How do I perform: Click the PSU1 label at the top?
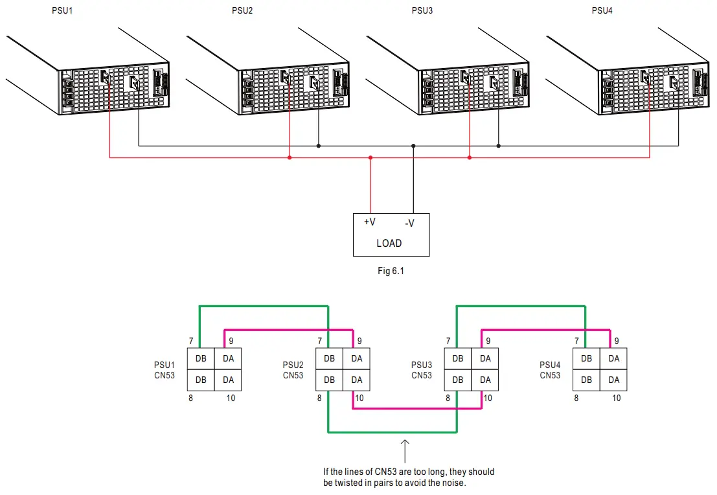click(x=62, y=11)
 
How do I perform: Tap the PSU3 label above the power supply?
click(x=422, y=11)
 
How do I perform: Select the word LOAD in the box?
click(x=389, y=244)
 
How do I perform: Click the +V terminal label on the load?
click(x=370, y=222)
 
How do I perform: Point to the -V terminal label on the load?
click(x=409, y=224)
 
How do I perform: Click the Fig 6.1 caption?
click(x=391, y=271)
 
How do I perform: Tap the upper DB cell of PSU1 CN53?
click(x=201, y=359)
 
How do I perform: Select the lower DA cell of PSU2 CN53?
click(x=356, y=380)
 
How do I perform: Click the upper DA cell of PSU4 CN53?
click(x=614, y=359)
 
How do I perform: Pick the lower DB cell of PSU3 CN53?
click(x=458, y=380)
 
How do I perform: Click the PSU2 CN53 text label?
click(x=293, y=370)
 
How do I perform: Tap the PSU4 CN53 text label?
click(x=550, y=370)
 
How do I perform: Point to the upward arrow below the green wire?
click(x=405, y=451)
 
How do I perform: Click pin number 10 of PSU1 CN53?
click(x=231, y=398)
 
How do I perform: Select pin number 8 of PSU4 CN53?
click(x=576, y=398)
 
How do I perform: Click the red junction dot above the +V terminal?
click(x=370, y=157)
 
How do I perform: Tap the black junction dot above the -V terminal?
click(x=413, y=146)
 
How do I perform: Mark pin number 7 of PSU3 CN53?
click(x=448, y=341)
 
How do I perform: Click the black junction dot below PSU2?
click(x=318, y=146)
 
